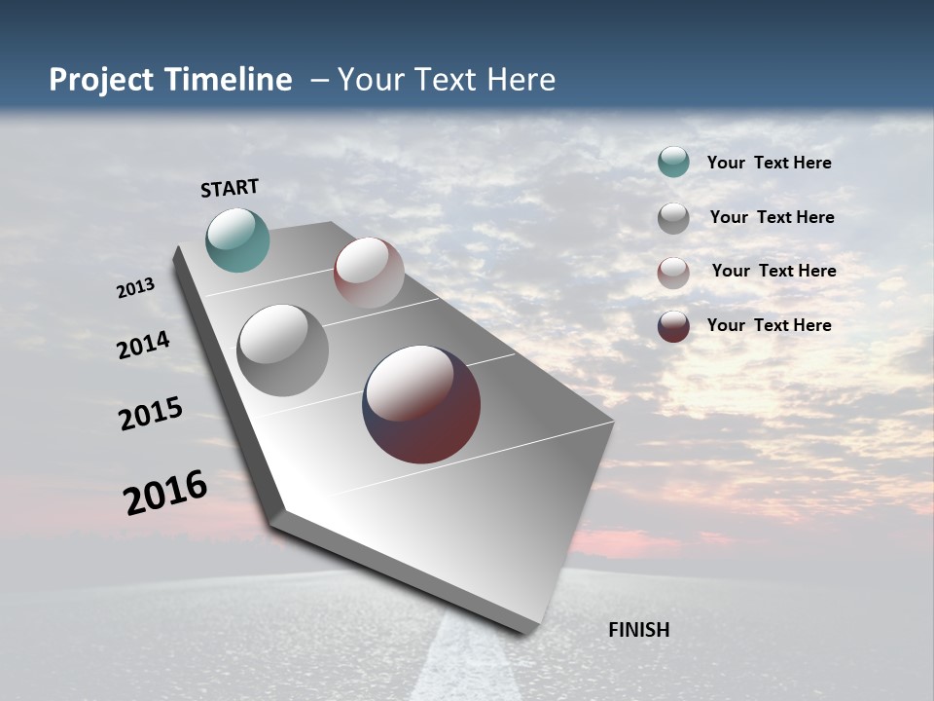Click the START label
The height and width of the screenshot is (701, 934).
pyautogui.click(x=230, y=188)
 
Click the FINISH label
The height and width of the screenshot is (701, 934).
pyautogui.click(x=638, y=630)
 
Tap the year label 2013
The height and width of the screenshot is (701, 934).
pyautogui.click(x=135, y=288)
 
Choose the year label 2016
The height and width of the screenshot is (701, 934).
pyautogui.click(x=164, y=493)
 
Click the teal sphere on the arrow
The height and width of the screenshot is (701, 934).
pyautogui.click(x=237, y=240)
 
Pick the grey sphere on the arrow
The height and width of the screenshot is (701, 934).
pyautogui.click(x=282, y=350)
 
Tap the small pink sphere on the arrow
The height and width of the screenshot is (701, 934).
pyautogui.click(x=369, y=273)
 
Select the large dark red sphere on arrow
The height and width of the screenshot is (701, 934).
pyautogui.click(x=421, y=404)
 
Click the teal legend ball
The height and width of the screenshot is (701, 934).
pyautogui.click(x=673, y=163)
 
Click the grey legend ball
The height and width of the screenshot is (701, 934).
pyautogui.click(x=673, y=218)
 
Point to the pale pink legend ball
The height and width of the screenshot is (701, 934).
pyautogui.click(x=673, y=273)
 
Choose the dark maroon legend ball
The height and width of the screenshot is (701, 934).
pyautogui.click(x=673, y=326)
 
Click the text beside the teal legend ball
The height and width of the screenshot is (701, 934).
pyautogui.click(x=769, y=164)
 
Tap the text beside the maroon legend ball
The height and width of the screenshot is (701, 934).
pyautogui.click(x=769, y=325)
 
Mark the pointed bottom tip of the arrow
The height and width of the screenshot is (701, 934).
pyautogui.click(x=525, y=631)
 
